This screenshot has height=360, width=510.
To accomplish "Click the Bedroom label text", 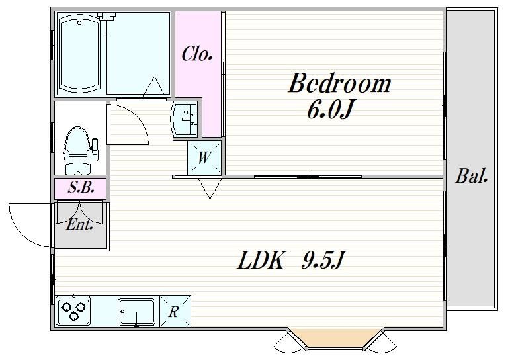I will [339, 85].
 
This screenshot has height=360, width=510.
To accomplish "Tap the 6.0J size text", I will [328, 110].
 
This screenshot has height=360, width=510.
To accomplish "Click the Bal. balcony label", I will [472, 177].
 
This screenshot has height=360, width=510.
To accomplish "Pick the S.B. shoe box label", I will [80, 187].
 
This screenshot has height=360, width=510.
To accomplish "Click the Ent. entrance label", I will [79, 224].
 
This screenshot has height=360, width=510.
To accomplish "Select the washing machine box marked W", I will [204, 158].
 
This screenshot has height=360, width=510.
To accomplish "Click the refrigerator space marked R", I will [174, 311].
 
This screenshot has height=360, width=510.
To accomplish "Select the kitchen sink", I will [136, 310].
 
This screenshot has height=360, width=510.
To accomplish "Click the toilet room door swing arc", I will [132, 124].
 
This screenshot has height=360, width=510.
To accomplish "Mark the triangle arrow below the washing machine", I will [209, 188].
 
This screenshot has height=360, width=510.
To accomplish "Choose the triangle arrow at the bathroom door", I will [156, 88].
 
